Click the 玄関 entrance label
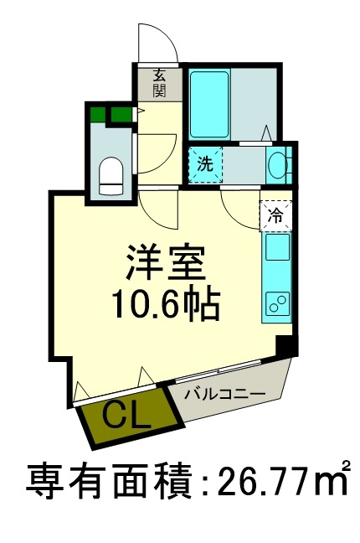[158, 81]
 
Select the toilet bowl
[111, 173]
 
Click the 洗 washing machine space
[205, 163]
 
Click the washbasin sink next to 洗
[278, 164]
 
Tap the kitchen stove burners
[277, 303]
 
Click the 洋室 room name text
[166, 263]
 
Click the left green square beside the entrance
[97, 113]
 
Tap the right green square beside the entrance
[121, 113]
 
